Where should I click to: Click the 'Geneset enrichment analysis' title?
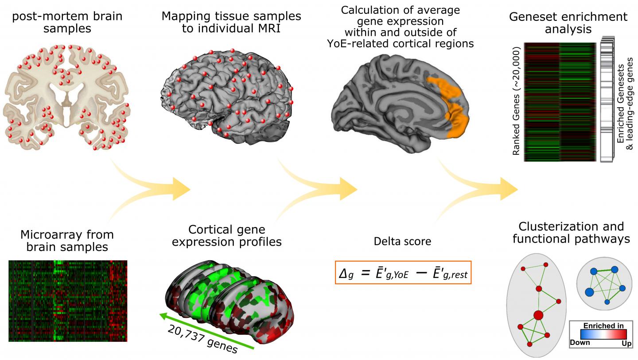(x=568, y=23)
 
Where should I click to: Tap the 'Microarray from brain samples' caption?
(x=67, y=241)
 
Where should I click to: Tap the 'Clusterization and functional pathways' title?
(x=571, y=233)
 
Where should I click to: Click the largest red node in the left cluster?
(x=538, y=316)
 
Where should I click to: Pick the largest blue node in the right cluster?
(x=589, y=292)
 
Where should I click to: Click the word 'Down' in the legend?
(x=580, y=342)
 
